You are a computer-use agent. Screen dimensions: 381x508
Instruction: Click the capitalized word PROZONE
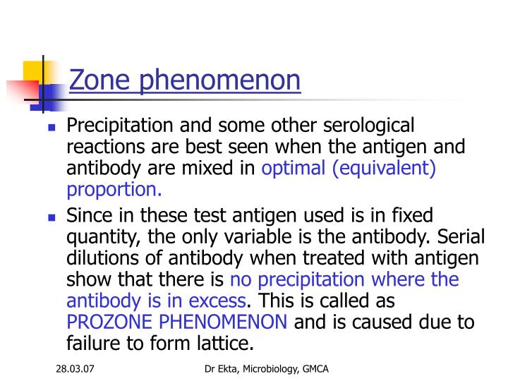coord(114,322)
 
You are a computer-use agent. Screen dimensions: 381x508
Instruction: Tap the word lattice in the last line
coord(221,344)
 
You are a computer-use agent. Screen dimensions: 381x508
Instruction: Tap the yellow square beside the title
coord(34,71)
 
